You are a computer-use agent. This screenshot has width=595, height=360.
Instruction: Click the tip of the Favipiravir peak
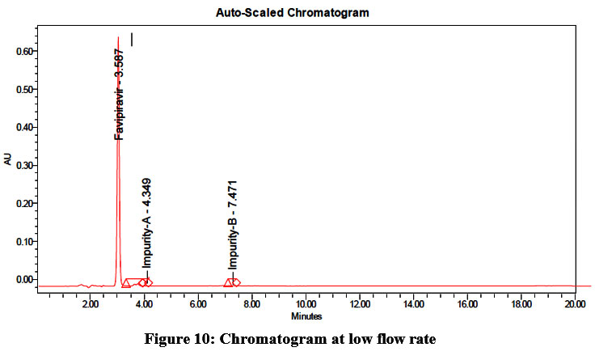(118, 37)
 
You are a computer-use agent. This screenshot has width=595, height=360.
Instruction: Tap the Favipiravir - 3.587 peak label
(119, 94)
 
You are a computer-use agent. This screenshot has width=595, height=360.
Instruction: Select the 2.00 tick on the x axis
(91, 305)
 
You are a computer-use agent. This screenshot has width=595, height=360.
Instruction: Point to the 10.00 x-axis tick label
(306, 305)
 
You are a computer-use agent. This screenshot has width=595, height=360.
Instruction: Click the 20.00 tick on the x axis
(574, 305)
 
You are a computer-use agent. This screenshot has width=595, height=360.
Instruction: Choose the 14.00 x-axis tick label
(413, 305)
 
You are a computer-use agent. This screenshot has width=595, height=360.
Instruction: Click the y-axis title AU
(8, 160)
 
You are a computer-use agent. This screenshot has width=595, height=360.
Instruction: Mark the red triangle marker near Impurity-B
(228, 282)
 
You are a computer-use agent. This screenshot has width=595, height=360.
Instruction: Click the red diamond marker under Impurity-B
(235, 282)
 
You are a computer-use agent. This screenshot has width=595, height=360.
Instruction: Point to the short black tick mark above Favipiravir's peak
(131, 39)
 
